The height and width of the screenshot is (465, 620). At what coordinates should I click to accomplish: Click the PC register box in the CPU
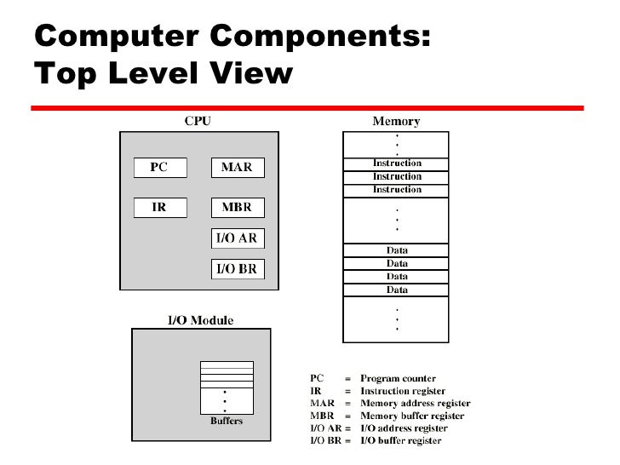158,168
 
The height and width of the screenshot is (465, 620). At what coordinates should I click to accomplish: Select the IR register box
158,207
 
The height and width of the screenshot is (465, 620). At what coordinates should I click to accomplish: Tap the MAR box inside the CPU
238,168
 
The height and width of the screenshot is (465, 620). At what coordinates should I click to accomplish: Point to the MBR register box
238,207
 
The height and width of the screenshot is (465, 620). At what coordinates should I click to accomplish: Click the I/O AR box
238,238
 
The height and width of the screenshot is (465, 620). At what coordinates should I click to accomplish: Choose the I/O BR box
238,270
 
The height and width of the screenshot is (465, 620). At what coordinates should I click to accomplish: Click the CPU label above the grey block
198,122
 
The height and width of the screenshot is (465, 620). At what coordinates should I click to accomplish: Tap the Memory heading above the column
397,122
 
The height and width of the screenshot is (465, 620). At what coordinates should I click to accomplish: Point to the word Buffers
227,420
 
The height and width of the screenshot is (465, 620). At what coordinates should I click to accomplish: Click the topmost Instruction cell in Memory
397,164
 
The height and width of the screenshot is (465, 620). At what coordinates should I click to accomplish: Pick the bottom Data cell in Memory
397,290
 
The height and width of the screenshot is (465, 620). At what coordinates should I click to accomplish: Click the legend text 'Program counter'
399,378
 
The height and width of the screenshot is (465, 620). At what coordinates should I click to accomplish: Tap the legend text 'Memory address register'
416,403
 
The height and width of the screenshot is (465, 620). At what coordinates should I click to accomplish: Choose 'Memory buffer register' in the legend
412,416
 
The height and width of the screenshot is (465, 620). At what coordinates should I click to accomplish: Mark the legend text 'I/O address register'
404,428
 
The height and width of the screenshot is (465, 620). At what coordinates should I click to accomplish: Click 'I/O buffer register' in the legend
400,440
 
